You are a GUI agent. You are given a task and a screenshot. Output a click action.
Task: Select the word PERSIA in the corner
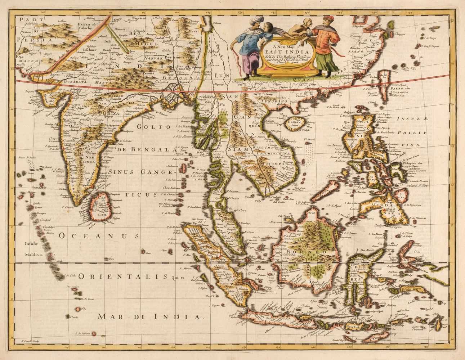[32, 40]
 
